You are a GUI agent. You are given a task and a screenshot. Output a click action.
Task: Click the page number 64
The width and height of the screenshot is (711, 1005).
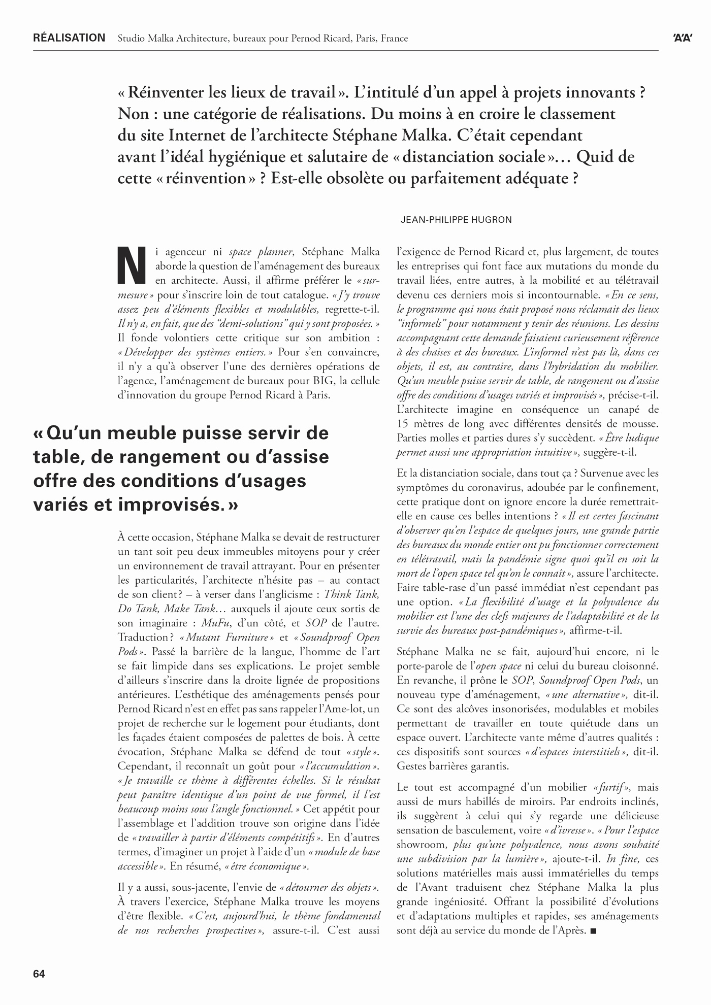tap(39, 974)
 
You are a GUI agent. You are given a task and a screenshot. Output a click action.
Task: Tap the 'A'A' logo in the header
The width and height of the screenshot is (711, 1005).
tap(683, 39)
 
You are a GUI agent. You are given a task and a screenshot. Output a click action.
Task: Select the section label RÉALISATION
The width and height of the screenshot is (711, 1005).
tap(69, 38)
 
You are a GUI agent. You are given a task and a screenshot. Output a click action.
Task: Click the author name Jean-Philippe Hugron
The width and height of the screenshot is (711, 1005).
tap(456, 220)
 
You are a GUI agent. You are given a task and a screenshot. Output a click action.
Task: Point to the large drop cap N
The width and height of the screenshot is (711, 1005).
tap(132, 266)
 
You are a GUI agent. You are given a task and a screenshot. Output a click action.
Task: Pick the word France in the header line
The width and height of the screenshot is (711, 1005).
tap(395, 39)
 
